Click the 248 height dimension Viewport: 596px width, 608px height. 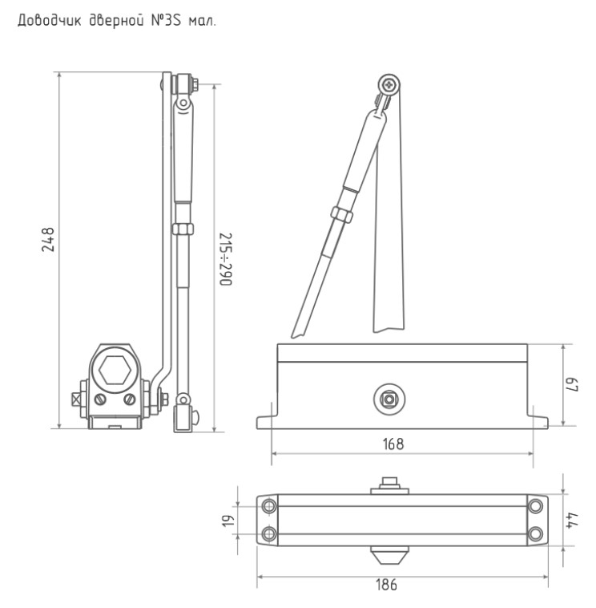(48, 240)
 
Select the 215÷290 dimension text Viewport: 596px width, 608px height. (225, 259)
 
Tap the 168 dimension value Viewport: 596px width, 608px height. (393, 444)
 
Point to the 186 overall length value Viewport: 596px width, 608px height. (386, 585)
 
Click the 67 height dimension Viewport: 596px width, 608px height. (573, 385)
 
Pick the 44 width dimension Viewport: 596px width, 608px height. (572, 520)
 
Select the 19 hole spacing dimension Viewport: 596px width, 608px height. (228, 521)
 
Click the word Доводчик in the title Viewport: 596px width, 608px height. (50, 21)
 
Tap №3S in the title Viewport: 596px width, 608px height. (166, 20)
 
